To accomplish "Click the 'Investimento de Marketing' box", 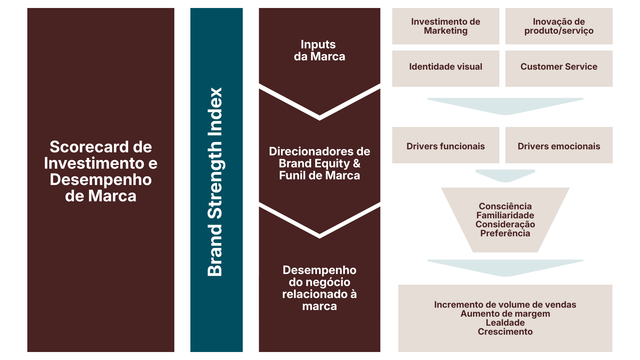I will coord(445,26).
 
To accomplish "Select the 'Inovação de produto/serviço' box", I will coord(559,26).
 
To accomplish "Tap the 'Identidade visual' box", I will coord(445,67).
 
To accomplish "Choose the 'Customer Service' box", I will coord(559,67).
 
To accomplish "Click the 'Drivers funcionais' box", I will coord(445,146).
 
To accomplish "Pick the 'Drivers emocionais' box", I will coord(559,146).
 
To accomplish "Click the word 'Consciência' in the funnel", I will coord(505,206).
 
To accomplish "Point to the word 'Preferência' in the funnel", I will coord(505,233).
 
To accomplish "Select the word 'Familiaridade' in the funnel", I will coord(505,215).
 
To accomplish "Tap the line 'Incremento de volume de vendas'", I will coord(505,305).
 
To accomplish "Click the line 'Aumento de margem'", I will coord(505,314).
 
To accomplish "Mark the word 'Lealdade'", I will coord(505,323).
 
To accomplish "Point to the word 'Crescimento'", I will coord(505,332).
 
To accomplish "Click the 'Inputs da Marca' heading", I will coord(319,50).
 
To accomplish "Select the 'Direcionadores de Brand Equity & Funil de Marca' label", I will coord(319,163).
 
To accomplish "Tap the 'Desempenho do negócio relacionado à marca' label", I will coord(319,288).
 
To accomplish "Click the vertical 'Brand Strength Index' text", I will coord(215,182).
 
